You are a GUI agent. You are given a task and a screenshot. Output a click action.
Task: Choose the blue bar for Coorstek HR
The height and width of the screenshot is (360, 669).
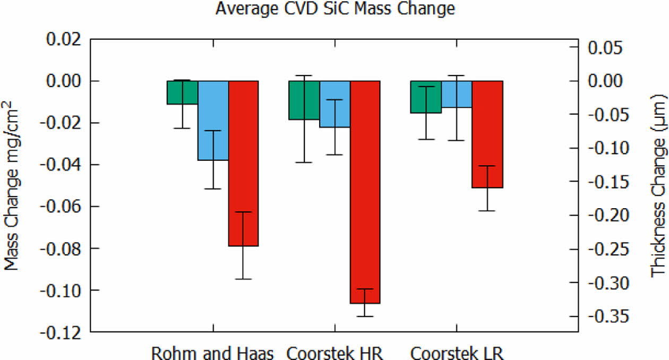tap(334, 104)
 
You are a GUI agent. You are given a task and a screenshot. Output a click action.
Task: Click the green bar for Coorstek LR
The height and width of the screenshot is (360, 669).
tap(426, 97)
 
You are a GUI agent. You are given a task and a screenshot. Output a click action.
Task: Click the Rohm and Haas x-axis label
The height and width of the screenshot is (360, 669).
tap(213, 353)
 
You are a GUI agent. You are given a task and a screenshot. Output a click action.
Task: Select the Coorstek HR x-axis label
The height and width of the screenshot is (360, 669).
tap(334, 353)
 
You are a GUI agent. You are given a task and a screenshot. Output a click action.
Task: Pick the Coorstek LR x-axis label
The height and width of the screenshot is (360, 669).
tap(457, 353)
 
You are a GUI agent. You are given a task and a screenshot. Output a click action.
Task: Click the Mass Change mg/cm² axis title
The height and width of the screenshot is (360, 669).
tap(15, 186)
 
